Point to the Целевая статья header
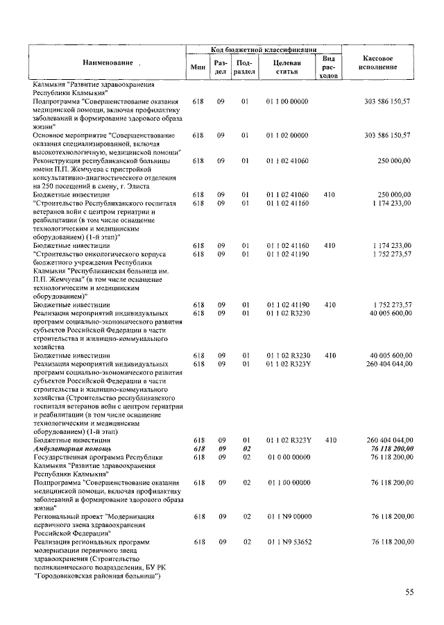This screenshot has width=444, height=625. [287, 67]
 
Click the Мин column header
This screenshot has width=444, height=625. [198, 66]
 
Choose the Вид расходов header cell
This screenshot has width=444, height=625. [330, 67]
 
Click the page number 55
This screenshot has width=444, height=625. [410, 592]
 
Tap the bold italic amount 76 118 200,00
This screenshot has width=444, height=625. [388, 449]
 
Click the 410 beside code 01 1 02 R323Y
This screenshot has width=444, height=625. [330, 440]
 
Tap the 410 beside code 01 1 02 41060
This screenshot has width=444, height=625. [330, 194]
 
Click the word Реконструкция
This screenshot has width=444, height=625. [61, 160]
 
